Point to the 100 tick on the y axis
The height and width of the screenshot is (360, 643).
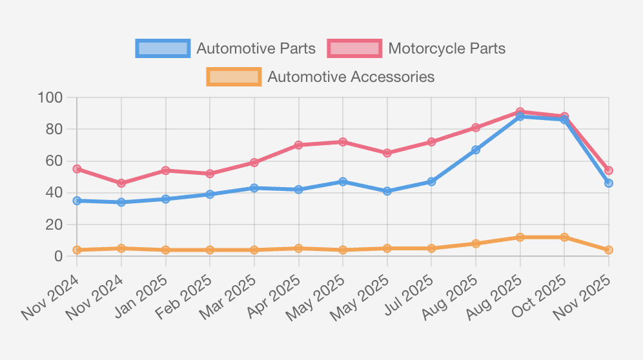point(50,98)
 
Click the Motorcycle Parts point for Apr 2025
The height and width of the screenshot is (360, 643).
point(298,145)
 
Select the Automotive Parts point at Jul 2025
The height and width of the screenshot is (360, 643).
point(431,182)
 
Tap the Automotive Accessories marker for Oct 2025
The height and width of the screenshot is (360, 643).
point(564,237)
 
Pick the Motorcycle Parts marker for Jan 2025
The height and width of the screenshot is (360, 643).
point(165,170)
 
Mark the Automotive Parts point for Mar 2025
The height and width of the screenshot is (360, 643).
point(254,188)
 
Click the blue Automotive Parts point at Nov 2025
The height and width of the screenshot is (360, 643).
point(609,183)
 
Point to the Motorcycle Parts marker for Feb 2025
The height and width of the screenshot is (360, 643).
point(210,174)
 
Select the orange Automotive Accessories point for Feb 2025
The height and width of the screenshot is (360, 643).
point(210,250)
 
